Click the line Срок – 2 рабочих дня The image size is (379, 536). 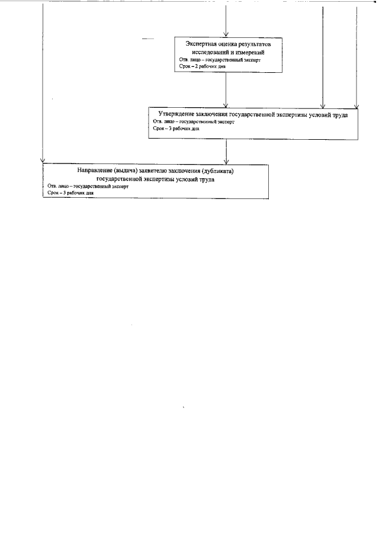202,66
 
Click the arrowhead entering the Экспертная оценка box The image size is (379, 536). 226,36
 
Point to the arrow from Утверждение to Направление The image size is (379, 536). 226,151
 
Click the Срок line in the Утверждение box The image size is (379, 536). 176,128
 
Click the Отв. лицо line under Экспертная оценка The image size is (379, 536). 219,60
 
